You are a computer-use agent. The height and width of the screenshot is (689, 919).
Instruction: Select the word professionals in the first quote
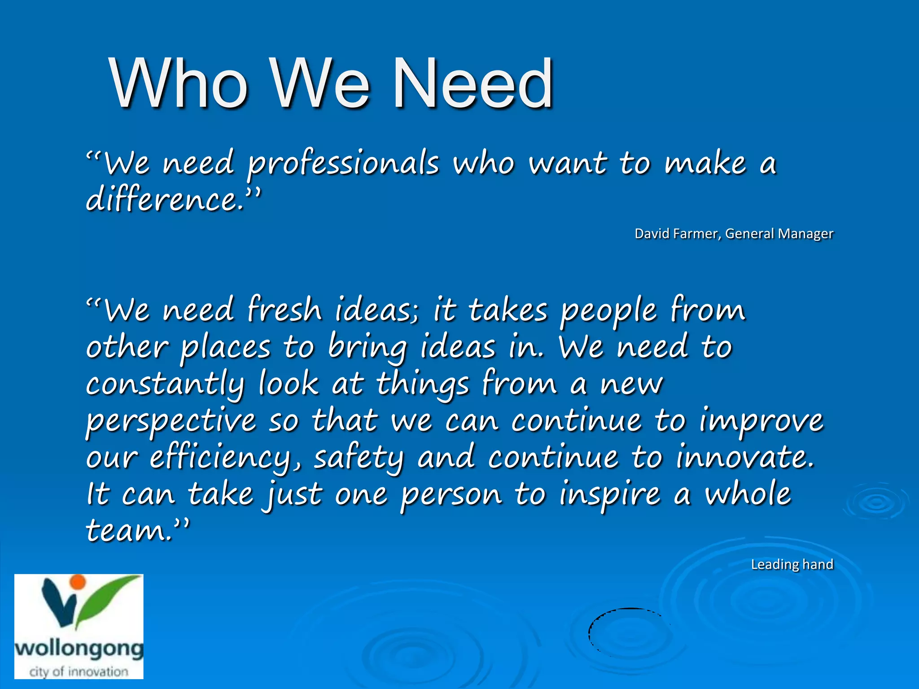pyautogui.click(x=343, y=164)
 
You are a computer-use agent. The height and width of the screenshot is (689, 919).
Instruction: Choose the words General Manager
pyautogui.click(x=779, y=234)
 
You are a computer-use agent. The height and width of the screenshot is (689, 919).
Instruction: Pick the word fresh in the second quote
pyautogui.click(x=284, y=310)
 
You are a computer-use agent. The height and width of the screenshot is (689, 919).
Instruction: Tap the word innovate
pyautogui.click(x=744, y=457)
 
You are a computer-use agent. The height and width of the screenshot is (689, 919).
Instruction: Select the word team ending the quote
pyautogui.click(x=128, y=531)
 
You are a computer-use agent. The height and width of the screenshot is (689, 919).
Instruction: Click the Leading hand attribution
pyautogui.click(x=792, y=564)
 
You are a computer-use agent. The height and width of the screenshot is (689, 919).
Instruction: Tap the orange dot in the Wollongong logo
pyautogui.click(x=78, y=581)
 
